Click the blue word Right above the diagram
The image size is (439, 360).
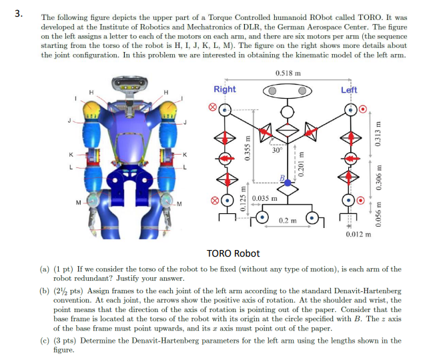(x=224, y=89)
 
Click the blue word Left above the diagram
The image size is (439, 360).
(x=349, y=89)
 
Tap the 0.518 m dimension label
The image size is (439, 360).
(x=288, y=73)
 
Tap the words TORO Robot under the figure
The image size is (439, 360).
(x=234, y=253)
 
